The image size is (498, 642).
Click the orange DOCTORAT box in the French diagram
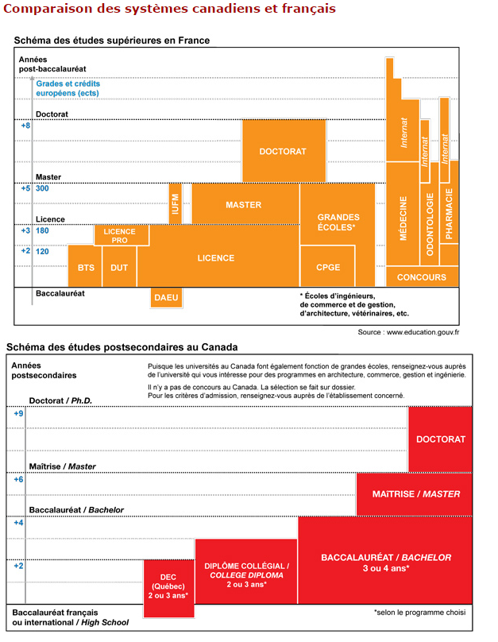(283, 151)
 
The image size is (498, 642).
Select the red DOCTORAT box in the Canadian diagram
(441, 439)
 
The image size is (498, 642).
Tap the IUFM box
(175, 203)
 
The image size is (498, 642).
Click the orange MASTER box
(244, 204)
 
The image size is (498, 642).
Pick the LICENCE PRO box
(120, 235)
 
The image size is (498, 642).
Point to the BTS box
(86, 268)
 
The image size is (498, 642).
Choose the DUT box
(119, 268)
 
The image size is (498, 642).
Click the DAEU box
(166, 297)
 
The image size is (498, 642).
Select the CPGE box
(327, 268)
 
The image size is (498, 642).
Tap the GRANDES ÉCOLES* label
(338, 222)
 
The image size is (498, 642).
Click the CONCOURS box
(422, 277)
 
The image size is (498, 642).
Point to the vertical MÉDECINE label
(403, 219)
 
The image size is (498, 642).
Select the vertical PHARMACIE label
(450, 214)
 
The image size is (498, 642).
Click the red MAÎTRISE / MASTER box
(415, 493)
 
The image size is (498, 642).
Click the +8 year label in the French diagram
(25, 126)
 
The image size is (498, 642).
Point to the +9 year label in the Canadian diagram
(18, 413)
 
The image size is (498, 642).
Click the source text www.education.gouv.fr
(413, 331)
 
